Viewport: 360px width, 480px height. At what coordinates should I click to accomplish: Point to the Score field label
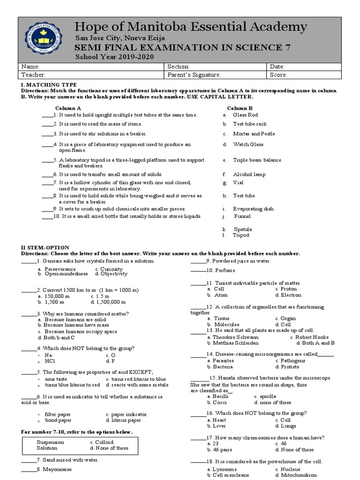(277, 75)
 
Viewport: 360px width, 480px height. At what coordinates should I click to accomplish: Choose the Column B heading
(240, 108)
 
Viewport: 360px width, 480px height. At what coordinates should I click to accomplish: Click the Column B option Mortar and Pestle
(254, 134)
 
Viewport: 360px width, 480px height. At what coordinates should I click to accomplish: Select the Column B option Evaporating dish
(253, 209)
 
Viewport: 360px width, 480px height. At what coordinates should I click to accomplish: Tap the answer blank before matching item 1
(47, 115)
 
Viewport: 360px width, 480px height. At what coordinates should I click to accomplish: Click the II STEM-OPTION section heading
(45, 247)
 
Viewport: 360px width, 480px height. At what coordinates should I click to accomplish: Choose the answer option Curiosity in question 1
(111, 269)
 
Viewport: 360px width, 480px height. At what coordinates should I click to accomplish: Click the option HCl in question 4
(50, 361)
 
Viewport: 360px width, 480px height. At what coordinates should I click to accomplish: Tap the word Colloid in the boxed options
(104, 442)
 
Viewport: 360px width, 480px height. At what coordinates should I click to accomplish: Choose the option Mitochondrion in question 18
(298, 475)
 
